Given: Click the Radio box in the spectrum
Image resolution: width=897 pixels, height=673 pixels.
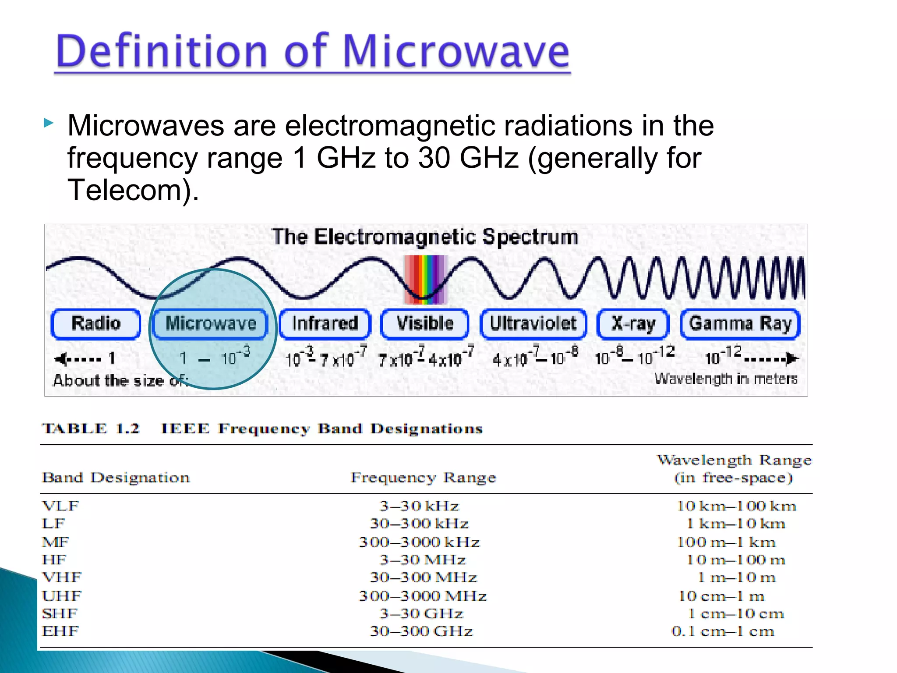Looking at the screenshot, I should coord(96,324).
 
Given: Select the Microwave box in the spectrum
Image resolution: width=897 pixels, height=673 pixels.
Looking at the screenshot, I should coord(211,324).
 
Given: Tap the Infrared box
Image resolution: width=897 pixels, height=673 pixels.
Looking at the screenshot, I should coord(325,324).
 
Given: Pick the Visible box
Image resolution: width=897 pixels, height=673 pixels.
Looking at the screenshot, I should coord(425,324).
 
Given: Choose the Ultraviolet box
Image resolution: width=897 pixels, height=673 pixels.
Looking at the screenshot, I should coord(533,324).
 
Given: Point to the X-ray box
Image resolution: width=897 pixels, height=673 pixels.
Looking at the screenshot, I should coord(633,324).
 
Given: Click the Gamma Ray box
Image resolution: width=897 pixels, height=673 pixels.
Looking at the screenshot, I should coord(740,324).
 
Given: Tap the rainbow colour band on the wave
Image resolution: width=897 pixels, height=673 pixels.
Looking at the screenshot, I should coord(425,280).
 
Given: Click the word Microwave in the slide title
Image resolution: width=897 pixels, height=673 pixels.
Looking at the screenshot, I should coord(456,51).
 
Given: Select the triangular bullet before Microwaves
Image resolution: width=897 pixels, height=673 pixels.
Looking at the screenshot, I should coord(49,123).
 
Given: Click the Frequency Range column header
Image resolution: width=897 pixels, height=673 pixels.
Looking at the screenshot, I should coord(423,478).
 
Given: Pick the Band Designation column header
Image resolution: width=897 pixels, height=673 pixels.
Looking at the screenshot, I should coord(116,478).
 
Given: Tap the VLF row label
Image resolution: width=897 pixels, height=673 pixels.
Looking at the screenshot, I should coord(60,506).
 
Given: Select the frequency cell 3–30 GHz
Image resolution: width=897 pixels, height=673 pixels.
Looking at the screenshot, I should coord(421,614).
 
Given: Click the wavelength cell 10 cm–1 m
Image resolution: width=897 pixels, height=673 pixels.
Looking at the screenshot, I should coord(721,596).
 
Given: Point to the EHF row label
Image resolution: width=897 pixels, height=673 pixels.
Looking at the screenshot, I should coord(60,631).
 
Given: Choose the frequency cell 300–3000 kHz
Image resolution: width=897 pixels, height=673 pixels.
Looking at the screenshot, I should coord(419,542).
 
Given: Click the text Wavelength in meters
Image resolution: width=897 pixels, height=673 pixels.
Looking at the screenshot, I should coord(726,379).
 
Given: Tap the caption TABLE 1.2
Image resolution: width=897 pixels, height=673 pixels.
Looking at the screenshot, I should coord(91,429).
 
